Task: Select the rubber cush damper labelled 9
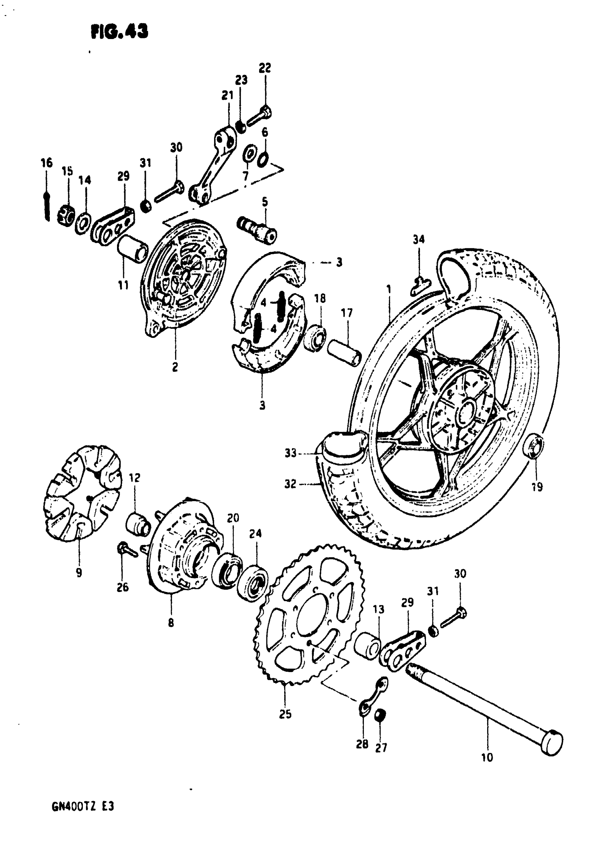(x=81, y=491)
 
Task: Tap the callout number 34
(x=418, y=239)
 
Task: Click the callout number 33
(x=290, y=453)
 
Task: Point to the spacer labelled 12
(x=138, y=524)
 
